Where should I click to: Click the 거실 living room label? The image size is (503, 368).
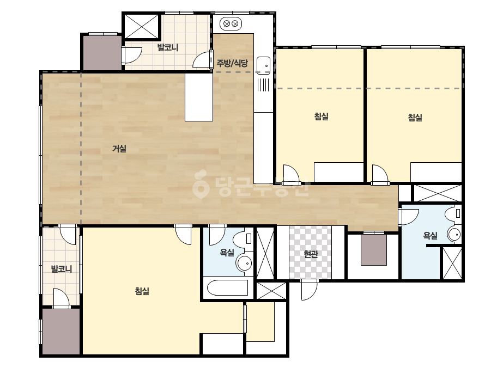(x=119, y=149)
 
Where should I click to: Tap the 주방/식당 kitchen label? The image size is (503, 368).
(x=232, y=63)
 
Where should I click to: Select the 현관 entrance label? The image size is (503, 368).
(x=311, y=254)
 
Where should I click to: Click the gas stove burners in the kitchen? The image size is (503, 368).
(x=231, y=23)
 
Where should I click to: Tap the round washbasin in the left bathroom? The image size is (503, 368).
(x=244, y=263)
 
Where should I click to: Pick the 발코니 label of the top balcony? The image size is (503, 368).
(x=168, y=48)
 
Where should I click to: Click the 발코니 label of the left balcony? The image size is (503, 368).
(x=62, y=269)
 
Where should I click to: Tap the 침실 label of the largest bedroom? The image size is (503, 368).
(x=142, y=291)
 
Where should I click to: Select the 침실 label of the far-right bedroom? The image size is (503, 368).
(x=415, y=118)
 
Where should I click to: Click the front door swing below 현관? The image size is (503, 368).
(x=309, y=290)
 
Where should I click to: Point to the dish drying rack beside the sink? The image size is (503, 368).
(x=263, y=84)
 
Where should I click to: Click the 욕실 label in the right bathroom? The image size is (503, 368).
(x=431, y=236)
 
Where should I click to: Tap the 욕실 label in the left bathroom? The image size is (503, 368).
(x=227, y=253)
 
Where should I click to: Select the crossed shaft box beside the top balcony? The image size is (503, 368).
(x=141, y=26)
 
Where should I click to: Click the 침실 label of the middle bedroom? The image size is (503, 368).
(x=322, y=116)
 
